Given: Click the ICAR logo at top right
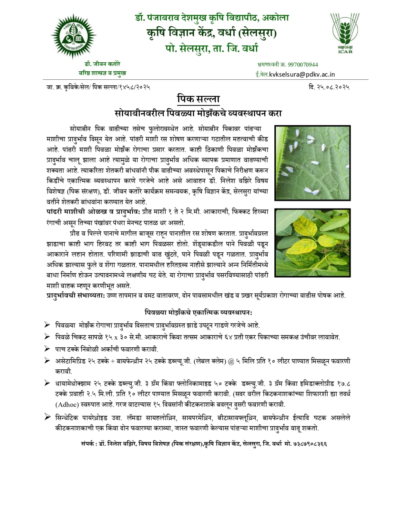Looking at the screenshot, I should (345, 33).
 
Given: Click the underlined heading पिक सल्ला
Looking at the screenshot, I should (198, 99).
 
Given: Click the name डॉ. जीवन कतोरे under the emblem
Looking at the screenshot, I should (102, 64).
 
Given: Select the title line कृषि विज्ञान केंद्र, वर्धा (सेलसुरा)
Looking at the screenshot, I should (211, 33).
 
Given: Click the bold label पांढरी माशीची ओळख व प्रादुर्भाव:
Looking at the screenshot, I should (93, 212).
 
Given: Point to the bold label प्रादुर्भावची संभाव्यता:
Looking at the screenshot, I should (76, 296).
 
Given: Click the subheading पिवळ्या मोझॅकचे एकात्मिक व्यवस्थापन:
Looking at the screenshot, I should (198, 312).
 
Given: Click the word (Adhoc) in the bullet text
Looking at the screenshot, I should (67, 404).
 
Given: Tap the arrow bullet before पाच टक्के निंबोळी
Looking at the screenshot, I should (47, 349).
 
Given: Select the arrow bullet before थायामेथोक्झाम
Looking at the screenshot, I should (47, 383).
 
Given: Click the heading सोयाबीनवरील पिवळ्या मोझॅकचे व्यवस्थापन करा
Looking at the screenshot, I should (198, 113).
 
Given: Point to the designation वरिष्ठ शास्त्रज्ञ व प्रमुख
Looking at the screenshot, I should (102, 73).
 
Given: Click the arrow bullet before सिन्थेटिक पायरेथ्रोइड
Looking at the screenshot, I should (47, 417).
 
